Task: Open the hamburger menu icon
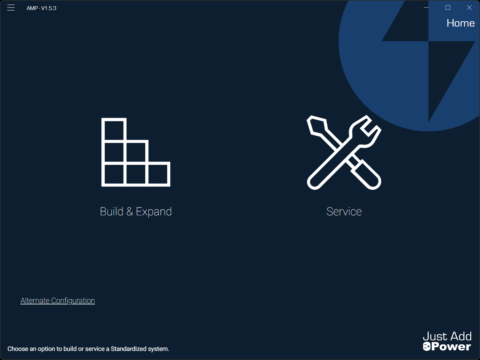point(11,8)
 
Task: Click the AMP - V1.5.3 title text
point(41,8)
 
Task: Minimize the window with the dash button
point(426,7)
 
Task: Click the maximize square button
point(448,7)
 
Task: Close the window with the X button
point(469,7)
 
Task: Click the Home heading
point(460,23)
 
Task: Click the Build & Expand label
point(136,212)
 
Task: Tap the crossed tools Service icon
point(344,152)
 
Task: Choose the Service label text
point(344,212)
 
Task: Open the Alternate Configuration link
point(57,301)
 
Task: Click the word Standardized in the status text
point(128,349)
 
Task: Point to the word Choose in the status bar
point(18,349)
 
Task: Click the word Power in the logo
point(451,347)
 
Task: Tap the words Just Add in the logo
point(447,336)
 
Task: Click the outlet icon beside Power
point(427,347)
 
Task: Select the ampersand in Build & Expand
point(130,212)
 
